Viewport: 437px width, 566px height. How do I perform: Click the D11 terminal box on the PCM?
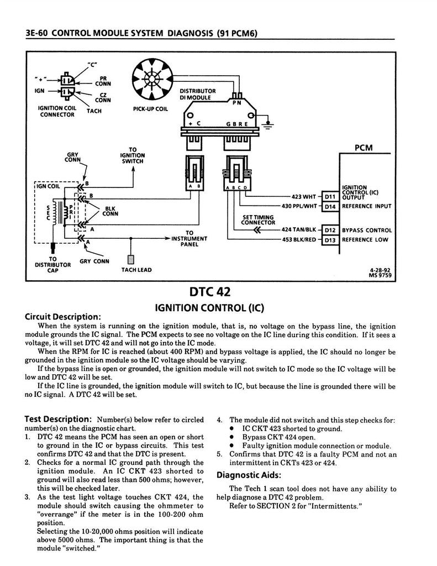tap(330, 196)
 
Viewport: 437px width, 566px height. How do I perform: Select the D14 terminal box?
tap(330, 206)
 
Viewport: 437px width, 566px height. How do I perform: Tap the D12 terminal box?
tap(330, 230)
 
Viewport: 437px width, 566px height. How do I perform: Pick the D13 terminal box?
tap(330, 240)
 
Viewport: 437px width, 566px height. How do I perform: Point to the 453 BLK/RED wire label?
tap(298, 240)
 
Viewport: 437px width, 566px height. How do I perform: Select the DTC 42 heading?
tap(210, 291)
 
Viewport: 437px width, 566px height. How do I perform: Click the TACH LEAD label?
tap(136, 270)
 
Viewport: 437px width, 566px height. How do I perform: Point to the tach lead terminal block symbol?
tap(131, 259)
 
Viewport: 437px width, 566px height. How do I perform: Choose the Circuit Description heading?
tap(63, 317)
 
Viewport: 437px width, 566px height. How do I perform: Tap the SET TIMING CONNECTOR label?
tap(258, 220)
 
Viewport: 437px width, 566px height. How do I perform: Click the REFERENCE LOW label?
tap(366, 240)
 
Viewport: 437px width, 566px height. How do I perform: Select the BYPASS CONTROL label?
tap(367, 230)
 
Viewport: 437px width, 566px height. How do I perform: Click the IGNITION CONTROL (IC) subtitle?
tap(210, 306)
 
